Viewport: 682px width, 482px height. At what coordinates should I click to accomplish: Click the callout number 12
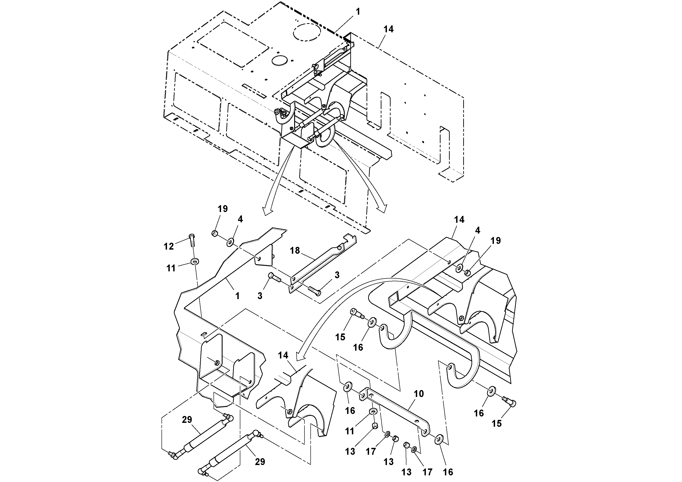(169, 246)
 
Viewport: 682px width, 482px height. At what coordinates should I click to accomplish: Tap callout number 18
(295, 251)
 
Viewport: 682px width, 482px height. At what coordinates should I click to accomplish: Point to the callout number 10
(419, 394)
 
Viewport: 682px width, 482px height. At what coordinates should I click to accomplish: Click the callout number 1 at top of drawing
(358, 12)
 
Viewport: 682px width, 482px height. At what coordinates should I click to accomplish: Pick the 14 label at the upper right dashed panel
(389, 29)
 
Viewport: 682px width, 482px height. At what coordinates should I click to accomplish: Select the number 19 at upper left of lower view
(222, 209)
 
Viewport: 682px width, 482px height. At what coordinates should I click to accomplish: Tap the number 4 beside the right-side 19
(477, 230)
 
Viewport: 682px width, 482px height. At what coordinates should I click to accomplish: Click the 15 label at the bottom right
(497, 424)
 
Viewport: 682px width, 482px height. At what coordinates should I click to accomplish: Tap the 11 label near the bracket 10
(350, 431)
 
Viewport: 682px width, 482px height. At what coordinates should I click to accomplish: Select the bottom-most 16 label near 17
(448, 472)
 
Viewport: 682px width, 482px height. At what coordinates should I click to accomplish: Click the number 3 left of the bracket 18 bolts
(260, 296)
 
